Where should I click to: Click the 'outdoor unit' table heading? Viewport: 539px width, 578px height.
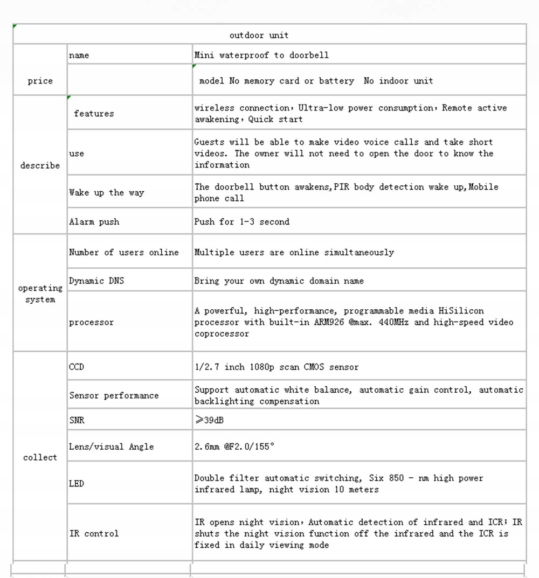(259, 36)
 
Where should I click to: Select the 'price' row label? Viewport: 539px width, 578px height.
(40, 81)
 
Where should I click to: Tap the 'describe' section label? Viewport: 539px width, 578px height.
(40, 165)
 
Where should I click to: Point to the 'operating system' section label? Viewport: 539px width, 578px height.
(40, 294)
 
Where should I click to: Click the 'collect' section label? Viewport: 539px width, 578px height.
(40, 457)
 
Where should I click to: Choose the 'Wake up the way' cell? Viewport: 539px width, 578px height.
(107, 192)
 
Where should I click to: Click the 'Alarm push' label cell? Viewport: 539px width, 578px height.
(94, 221)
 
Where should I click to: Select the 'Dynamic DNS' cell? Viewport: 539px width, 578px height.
(96, 281)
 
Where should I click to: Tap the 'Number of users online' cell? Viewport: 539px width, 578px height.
(123, 252)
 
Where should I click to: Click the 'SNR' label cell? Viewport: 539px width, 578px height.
(77, 420)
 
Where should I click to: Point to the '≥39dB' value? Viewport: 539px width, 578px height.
(209, 420)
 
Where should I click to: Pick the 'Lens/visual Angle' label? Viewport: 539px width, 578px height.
(111, 447)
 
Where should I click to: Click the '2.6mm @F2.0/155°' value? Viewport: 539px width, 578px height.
(234, 447)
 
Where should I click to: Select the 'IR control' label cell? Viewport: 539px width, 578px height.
(94, 533)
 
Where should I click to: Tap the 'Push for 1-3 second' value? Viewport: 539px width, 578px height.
(241, 221)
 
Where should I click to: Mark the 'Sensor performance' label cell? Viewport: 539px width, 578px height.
(114, 395)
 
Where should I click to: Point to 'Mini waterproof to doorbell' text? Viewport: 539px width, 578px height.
(261, 55)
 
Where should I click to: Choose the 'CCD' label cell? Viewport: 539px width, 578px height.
(77, 367)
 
